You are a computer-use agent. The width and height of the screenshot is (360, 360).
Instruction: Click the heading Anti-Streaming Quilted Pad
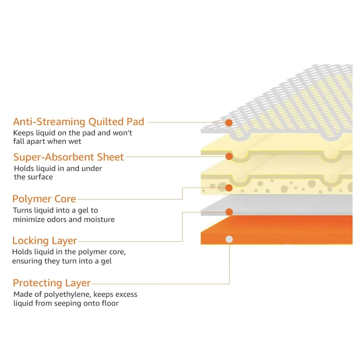(79, 122)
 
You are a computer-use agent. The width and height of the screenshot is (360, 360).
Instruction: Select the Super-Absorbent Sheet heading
(69, 157)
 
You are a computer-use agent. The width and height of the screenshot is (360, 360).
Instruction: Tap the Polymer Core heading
(44, 199)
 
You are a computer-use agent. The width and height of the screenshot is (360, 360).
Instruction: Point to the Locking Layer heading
(45, 240)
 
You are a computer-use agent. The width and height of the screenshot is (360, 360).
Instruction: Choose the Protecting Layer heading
(52, 283)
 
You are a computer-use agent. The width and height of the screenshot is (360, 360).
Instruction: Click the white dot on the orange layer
(229, 239)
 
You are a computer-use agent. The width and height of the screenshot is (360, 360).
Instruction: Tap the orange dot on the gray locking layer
(229, 212)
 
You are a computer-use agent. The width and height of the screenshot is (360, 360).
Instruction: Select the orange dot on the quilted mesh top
(229, 123)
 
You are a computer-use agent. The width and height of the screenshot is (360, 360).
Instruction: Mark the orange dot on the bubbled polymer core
(229, 188)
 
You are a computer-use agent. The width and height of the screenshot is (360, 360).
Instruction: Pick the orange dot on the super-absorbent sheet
(229, 156)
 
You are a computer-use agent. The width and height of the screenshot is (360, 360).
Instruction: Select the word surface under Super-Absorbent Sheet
(39, 177)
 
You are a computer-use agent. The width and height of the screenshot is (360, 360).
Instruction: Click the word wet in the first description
(75, 142)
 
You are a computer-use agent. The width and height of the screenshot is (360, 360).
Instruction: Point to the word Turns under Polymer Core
(22, 211)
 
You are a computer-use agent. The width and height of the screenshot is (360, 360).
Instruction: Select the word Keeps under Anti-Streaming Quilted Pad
(24, 133)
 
